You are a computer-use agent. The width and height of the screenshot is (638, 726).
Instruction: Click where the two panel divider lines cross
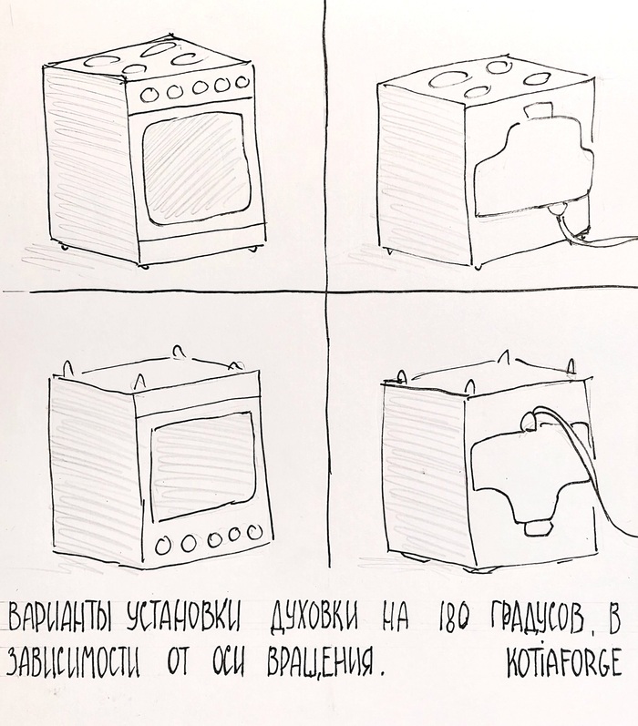tap(325, 291)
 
